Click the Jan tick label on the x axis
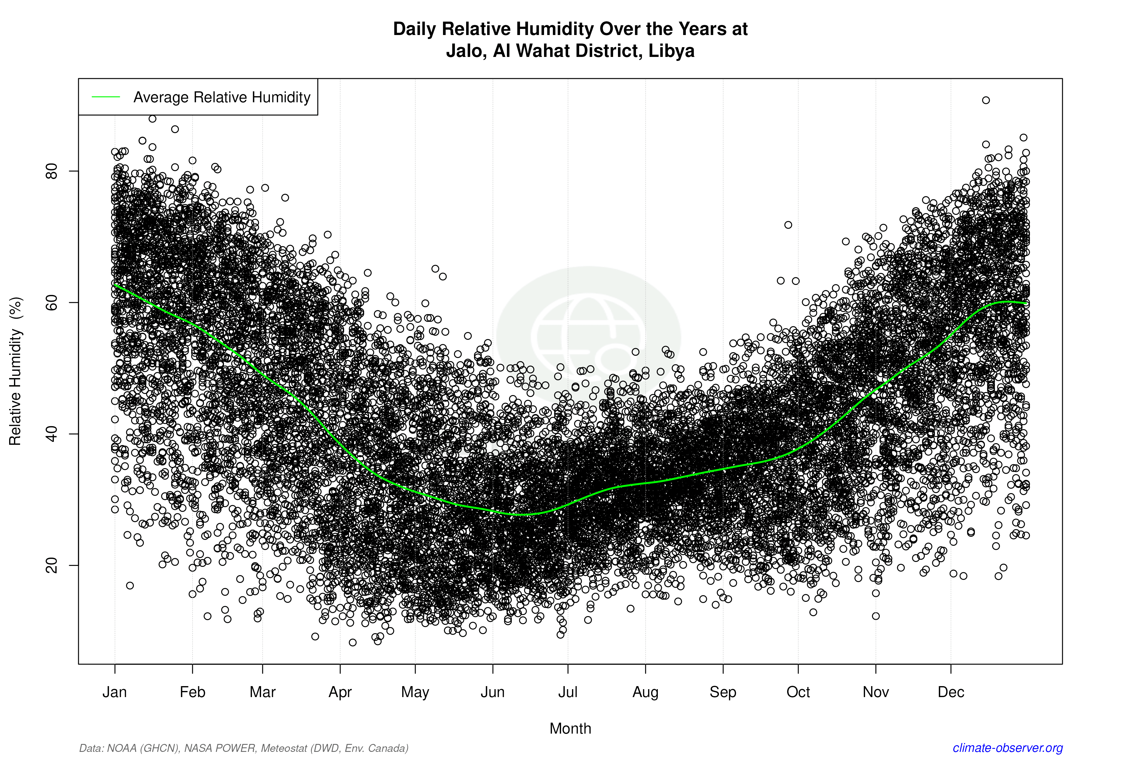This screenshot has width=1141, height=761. [x=114, y=692]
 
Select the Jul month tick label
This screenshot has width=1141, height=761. [x=567, y=692]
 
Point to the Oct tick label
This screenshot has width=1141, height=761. [x=798, y=692]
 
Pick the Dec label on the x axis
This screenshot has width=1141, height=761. [x=951, y=692]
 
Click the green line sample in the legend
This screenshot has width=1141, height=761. [x=106, y=97]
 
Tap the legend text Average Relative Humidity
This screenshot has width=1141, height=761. [x=222, y=97]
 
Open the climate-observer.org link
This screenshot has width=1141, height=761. [x=1008, y=748]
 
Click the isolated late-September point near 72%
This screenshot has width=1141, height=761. [x=788, y=225]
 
